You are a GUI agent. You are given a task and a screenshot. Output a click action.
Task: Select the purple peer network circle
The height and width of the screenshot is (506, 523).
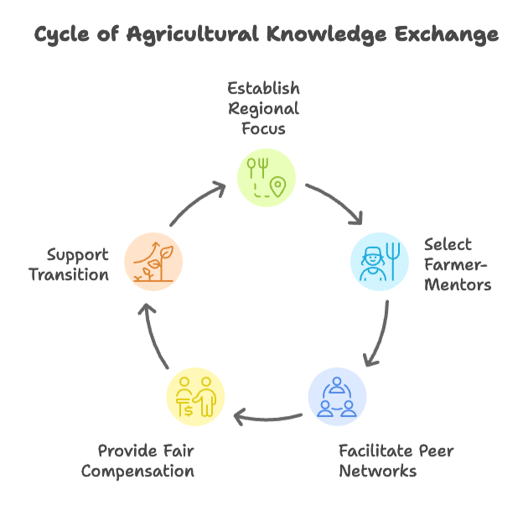coord(336,395)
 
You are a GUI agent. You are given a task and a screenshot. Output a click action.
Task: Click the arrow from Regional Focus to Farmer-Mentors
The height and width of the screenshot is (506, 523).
coord(335,201)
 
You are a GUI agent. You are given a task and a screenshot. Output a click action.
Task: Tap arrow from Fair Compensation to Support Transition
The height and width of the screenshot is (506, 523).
coord(155,336)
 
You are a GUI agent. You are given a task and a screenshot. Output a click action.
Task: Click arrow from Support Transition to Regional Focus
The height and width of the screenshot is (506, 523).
coord(197,201)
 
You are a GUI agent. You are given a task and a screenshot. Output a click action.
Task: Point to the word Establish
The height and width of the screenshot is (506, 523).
coord(264,88)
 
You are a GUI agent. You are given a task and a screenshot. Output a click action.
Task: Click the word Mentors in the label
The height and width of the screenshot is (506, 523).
coord(457,284)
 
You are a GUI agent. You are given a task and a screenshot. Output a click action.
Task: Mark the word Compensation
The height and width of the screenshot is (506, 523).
coord(137,471)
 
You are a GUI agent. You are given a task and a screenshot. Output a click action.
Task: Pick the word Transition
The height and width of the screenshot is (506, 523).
coord(69,274)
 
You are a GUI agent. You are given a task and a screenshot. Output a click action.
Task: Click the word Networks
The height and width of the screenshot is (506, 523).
coord(377,471)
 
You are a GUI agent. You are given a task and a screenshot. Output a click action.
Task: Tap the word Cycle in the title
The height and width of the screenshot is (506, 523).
coord(63,35)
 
